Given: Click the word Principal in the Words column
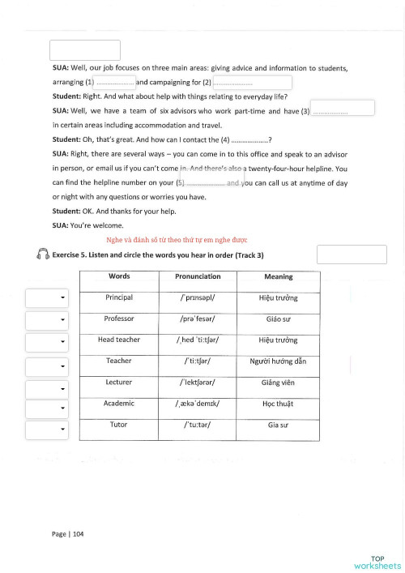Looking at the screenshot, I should click(119, 297).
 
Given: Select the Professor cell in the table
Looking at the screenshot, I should click(119, 319).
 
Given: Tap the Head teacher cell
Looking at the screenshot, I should click(119, 340).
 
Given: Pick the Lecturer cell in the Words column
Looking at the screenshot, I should click(119, 382).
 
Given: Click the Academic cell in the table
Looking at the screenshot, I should click(119, 403).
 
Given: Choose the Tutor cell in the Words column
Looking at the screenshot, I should click(119, 424).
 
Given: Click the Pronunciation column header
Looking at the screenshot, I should click(198, 276).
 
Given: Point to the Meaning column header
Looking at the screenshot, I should click(279, 276).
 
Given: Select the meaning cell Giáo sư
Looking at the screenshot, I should click(279, 319).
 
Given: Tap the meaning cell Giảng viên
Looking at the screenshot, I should click(279, 382).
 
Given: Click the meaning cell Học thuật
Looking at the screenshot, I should click(279, 403).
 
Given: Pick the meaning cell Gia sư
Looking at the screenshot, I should click(279, 424).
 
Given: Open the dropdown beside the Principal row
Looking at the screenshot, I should click(46, 298).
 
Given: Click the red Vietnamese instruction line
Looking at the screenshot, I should click(177, 240).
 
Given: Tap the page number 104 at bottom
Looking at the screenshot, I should click(67, 534).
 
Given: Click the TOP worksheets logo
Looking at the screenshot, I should click(377, 562).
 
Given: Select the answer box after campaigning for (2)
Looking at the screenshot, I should click(252, 83).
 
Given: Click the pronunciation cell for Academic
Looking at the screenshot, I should click(198, 403).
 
